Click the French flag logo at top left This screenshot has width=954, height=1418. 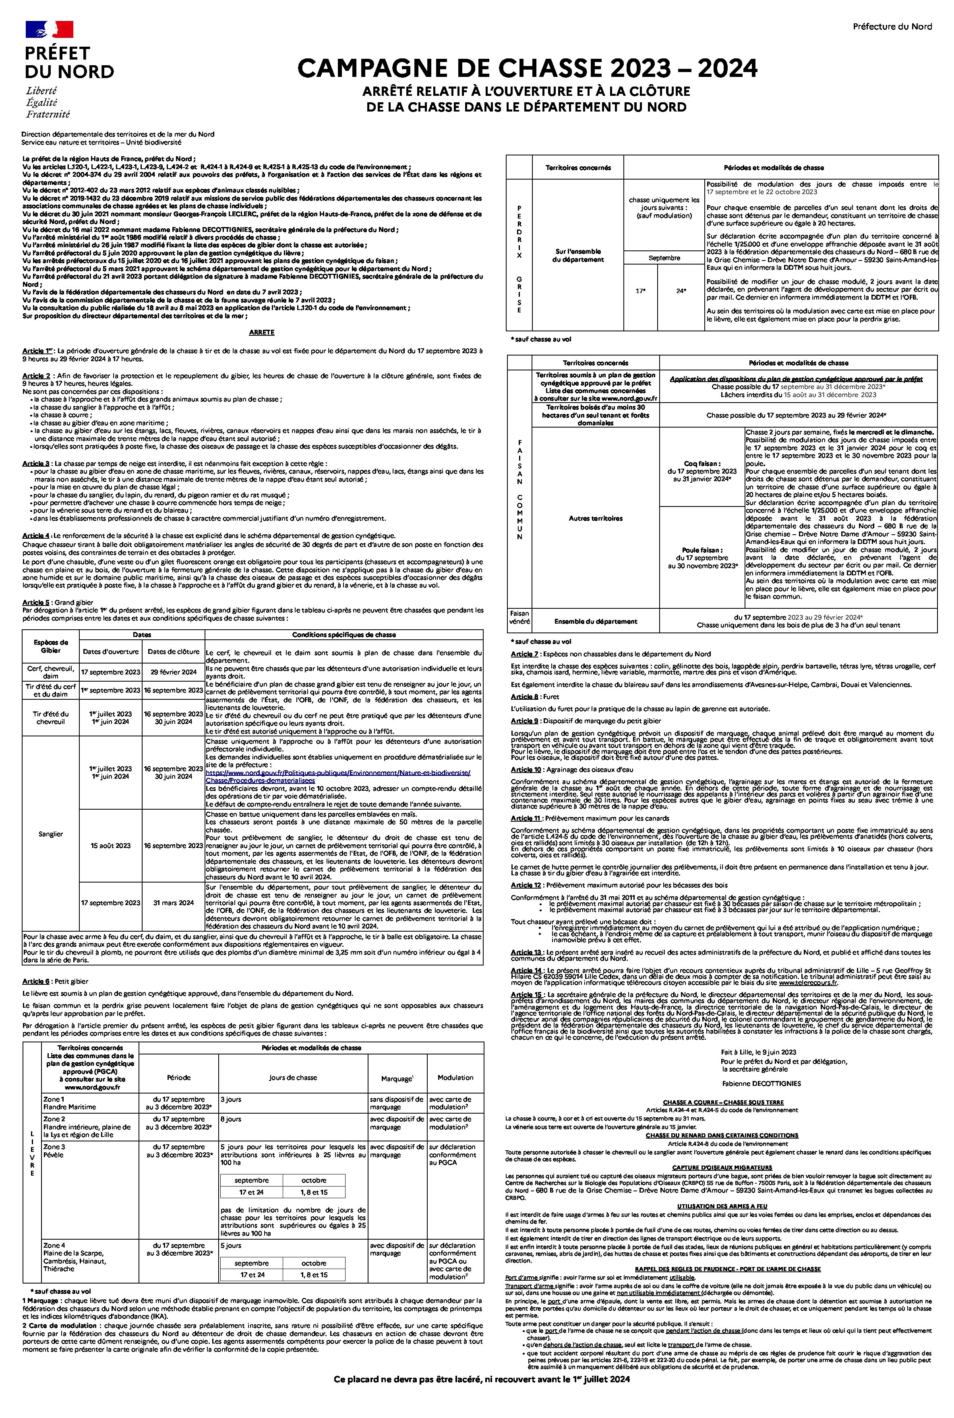(49, 29)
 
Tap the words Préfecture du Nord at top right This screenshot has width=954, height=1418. (892, 26)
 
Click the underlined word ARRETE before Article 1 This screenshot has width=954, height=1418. (262, 332)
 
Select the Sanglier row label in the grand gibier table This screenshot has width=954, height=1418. (50, 834)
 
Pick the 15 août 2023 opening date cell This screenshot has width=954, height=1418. (111, 845)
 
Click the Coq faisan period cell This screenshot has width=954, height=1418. (702, 471)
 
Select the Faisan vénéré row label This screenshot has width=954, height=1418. (519, 618)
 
